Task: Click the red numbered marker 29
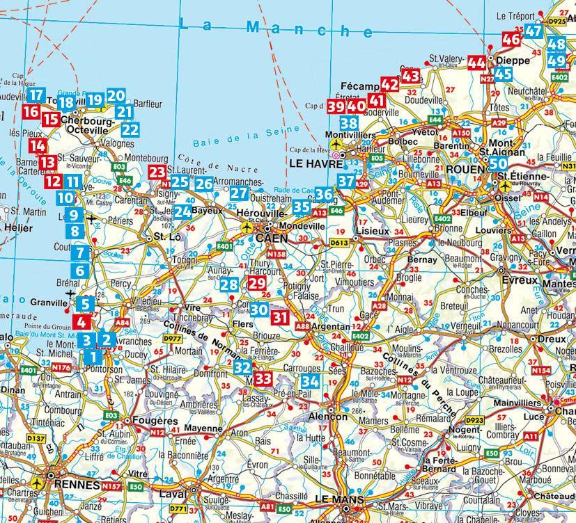coord(256,283)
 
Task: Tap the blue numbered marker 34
coord(311,381)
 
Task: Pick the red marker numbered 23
coord(158,172)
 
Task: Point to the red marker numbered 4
coord(81,322)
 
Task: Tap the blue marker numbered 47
coord(534,31)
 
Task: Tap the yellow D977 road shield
coord(172,339)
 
